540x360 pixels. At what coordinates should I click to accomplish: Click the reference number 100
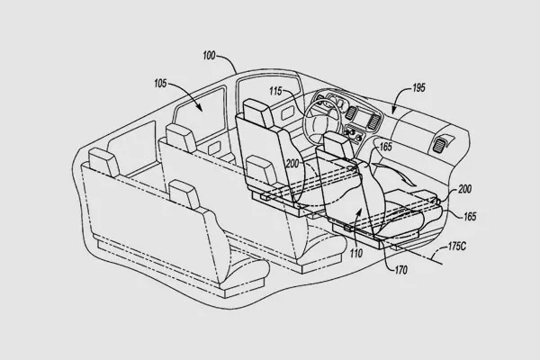tap(209, 56)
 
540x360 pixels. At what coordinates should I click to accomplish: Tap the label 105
tap(160, 84)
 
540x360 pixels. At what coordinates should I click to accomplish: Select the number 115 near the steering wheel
tap(275, 91)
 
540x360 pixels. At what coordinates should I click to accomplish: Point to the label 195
tap(418, 88)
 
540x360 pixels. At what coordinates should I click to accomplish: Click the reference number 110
tap(356, 254)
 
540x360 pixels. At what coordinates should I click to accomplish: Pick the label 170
tap(400, 270)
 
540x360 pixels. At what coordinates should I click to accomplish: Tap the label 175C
tap(457, 247)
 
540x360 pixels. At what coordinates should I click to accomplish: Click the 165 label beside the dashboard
tap(385, 147)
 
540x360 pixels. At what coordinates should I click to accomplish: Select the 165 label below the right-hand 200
tap(470, 217)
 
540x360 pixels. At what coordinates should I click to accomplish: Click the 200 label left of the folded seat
tap(292, 164)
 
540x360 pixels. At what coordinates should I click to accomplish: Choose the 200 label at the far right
tap(464, 189)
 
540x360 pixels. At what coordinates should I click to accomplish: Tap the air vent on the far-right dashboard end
tap(438, 145)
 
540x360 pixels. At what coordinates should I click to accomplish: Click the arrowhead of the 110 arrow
tap(359, 211)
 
